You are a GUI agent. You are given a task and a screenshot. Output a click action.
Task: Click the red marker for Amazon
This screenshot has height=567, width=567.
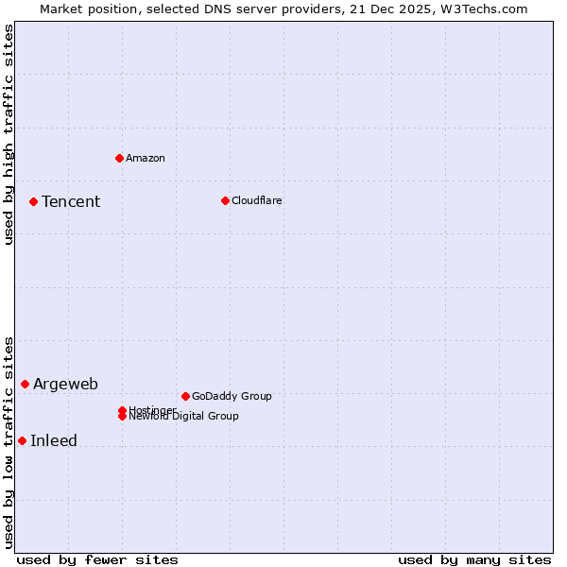click(x=119, y=158)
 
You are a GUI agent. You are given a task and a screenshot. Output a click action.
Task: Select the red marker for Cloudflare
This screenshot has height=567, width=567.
click(x=225, y=200)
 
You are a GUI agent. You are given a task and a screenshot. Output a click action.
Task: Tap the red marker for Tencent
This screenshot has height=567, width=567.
click(x=33, y=201)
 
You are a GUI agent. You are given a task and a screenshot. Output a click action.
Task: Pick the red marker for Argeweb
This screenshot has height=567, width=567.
click(x=25, y=384)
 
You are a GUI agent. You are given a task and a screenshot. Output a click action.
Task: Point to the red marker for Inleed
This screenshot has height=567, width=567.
click(x=22, y=440)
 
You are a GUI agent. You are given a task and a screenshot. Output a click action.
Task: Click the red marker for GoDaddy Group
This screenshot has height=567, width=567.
click(x=185, y=396)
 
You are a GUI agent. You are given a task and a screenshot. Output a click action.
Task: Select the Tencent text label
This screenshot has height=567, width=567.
click(x=71, y=201)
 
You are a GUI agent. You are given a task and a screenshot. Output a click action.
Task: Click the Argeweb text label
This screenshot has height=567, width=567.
click(x=65, y=384)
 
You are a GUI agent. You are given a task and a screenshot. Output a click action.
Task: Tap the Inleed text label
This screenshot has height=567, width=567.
click(x=54, y=440)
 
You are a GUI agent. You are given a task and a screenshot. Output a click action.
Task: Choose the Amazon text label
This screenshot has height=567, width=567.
click(x=146, y=158)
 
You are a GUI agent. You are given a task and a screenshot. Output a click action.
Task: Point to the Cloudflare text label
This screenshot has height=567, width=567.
click(x=257, y=200)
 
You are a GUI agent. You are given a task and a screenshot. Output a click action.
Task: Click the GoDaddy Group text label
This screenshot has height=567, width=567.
click(x=232, y=396)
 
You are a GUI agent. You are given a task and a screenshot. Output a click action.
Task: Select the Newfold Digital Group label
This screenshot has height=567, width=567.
click(x=184, y=417)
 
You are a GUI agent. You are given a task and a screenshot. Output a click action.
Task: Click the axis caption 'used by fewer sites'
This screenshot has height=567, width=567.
click(x=97, y=559)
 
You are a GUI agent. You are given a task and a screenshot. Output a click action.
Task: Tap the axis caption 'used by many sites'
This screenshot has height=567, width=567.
click(x=474, y=559)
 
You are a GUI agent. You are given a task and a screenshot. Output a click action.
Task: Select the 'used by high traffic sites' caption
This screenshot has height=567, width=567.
click(x=9, y=134)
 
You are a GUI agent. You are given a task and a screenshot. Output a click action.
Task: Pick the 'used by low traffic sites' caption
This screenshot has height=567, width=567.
click(x=9, y=442)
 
